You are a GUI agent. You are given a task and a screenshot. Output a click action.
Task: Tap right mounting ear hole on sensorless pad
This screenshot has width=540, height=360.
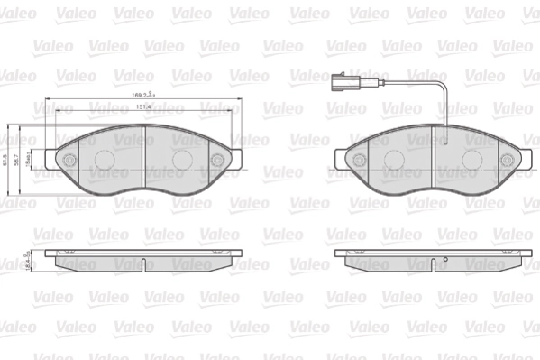(217, 160)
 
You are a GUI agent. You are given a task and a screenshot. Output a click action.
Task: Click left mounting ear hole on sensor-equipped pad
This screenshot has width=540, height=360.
(360, 160)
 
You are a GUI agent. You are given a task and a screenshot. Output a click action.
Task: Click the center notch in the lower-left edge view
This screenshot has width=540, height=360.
(143, 263)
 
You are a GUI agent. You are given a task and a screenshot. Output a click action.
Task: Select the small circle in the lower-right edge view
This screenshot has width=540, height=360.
(444, 264)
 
